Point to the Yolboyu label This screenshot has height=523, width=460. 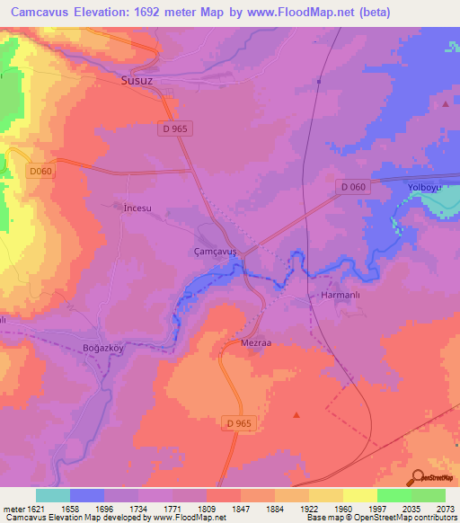coord(424,187)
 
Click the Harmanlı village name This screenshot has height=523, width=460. coord(341,295)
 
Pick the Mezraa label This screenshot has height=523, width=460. coord(257,342)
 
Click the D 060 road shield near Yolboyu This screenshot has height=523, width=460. coord(353,186)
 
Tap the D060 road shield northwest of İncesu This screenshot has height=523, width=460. coord(40,171)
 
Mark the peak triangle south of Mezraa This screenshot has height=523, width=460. coord(296,414)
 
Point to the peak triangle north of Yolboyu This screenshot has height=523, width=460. coord(447,104)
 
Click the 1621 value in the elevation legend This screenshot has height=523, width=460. coord(29,509)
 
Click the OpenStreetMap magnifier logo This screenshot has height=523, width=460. coord(416,478)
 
